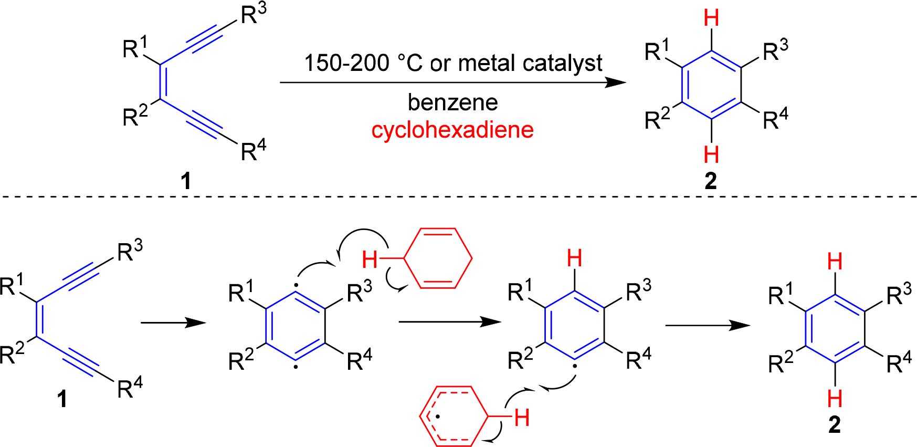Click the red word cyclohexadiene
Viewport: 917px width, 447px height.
[452, 129]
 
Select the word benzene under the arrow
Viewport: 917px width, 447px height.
[452, 102]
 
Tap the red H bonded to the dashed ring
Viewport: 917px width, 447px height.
[522, 418]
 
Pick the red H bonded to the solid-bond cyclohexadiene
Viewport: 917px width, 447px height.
[370, 258]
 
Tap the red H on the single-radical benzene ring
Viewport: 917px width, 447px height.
[575, 258]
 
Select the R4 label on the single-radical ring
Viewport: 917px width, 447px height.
[639, 360]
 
